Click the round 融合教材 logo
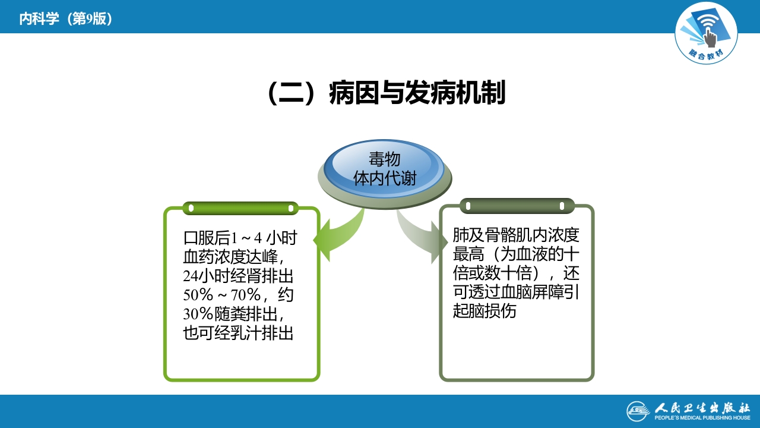point(706,34)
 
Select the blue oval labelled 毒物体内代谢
point(385,169)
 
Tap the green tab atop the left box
point(240,208)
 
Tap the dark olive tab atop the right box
point(517,206)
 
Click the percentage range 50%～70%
point(221,295)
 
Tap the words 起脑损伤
point(484,311)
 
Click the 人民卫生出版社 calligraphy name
point(703,409)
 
